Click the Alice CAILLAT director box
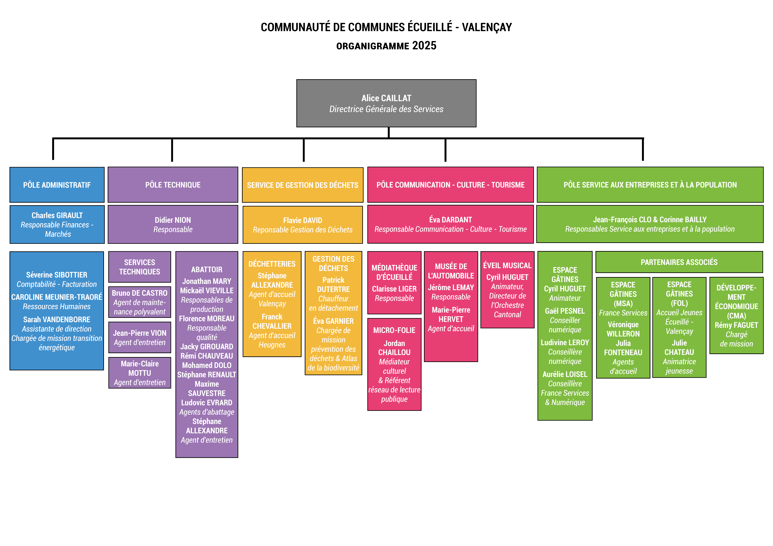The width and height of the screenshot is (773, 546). click(x=386, y=103)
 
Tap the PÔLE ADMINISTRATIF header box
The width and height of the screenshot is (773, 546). click(x=57, y=185)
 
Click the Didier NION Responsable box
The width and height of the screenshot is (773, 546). click(x=173, y=225)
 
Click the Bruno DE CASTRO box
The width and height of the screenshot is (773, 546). click(x=139, y=302)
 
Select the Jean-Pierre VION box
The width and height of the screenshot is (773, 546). click(x=139, y=338)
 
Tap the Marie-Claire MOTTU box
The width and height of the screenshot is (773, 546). click(x=139, y=373)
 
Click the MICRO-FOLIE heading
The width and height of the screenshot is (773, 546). click(x=394, y=330)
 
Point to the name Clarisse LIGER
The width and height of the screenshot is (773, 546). click(x=394, y=289)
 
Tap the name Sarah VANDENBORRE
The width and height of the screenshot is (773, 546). click(x=57, y=320)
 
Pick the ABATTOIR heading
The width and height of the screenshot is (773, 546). click(x=207, y=270)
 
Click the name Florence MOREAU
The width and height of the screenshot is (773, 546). click(x=207, y=319)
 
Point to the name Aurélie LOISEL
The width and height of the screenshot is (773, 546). click(x=565, y=374)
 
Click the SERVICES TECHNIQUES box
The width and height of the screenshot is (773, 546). click(x=139, y=267)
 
